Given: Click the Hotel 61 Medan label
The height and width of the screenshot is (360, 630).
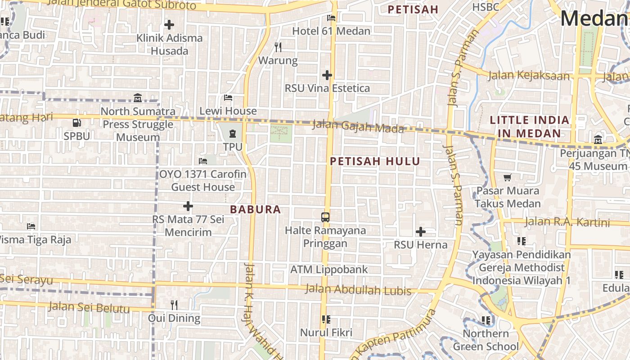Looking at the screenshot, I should pyautogui.click(x=331, y=31).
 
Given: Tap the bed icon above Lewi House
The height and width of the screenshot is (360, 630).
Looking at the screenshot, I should pyautogui.click(x=228, y=98).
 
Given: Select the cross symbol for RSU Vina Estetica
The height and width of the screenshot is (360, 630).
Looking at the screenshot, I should pyautogui.click(x=327, y=75).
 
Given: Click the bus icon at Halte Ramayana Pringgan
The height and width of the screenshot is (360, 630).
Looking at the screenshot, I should pyautogui.click(x=325, y=217).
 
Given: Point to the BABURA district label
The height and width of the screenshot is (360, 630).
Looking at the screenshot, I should pyautogui.click(x=255, y=209).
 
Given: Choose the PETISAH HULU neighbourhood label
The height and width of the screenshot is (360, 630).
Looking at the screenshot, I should pyautogui.click(x=375, y=162).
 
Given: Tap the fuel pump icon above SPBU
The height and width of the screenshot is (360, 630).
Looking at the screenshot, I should pyautogui.click(x=77, y=123).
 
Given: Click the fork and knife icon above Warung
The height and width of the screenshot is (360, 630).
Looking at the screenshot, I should pyautogui.click(x=278, y=47).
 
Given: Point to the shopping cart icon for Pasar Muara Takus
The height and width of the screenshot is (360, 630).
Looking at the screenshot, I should pyautogui.click(x=508, y=178).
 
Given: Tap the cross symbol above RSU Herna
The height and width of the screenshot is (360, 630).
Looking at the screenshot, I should pyautogui.click(x=421, y=232).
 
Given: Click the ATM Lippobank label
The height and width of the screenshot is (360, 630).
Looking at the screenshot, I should pyautogui.click(x=329, y=270).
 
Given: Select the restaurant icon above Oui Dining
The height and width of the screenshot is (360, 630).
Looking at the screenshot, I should pyautogui.click(x=175, y=305).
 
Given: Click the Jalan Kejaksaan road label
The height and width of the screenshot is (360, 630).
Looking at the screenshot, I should pyautogui.click(x=529, y=75).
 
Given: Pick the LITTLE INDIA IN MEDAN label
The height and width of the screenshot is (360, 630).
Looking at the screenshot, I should pyautogui.click(x=530, y=127).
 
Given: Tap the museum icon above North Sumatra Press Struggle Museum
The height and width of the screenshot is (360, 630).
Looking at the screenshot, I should pyautogui.click(x=138, y=98).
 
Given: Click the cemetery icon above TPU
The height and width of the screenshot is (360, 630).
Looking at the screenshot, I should pyautogui.click(x=233, y=134).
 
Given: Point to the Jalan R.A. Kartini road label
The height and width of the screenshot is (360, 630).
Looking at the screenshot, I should pyautogui.click(x=567, y=222).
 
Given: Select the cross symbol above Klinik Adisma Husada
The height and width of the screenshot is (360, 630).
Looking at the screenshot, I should pyautogui.click(x=169, y=25).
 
